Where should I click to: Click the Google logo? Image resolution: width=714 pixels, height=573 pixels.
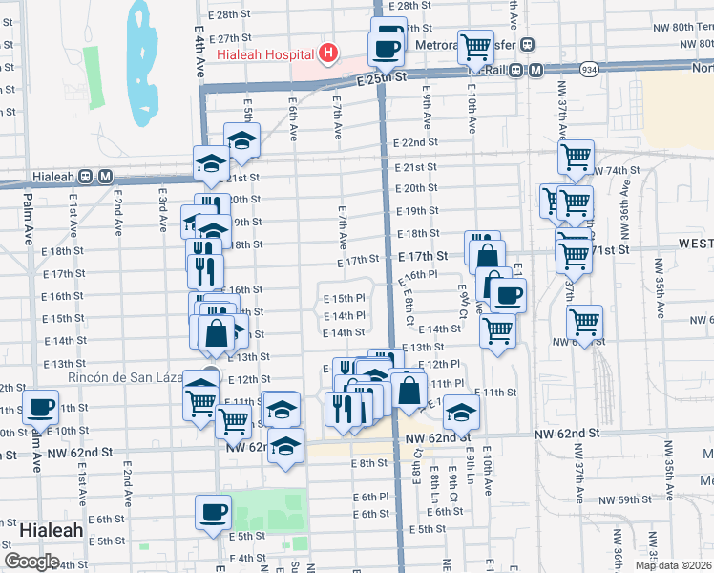[x=32, y=561]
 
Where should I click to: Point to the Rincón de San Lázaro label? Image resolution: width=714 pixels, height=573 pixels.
[x=124, y=377]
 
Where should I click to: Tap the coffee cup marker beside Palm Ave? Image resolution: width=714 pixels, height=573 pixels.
[x=40, y=409]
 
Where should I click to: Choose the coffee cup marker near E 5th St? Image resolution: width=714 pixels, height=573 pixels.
[x=213, y=512]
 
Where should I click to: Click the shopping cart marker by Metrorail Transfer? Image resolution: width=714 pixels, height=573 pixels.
[x=474, y=45]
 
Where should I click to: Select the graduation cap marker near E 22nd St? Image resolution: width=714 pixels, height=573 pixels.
[x=242, y=141]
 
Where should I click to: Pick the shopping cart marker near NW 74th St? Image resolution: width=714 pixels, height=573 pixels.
[x=577, y=158]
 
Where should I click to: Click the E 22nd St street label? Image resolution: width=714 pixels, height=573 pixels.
[x=416, y=141]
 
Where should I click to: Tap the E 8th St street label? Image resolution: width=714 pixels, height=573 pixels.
[x=367, y=463]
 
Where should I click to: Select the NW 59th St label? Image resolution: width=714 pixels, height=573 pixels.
[x=621, y=499]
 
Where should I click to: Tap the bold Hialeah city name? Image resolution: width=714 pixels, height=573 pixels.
[x=50, y=528]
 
